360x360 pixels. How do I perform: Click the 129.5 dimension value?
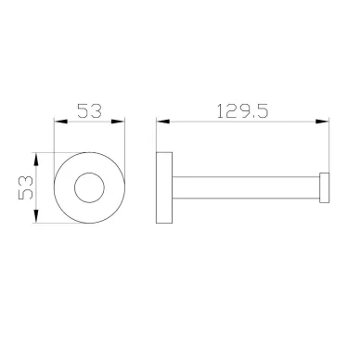(242, 111)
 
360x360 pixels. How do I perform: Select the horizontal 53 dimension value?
(89, 110)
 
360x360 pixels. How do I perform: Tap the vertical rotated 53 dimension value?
(26, 187)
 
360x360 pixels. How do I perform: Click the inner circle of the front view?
(89, 173)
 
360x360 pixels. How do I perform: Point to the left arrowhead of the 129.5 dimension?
(163, 122)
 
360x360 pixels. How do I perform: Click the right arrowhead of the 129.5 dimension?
(322, 122)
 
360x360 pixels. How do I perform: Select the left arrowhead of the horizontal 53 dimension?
(61, 122)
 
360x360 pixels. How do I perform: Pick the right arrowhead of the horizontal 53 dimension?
(118, 122)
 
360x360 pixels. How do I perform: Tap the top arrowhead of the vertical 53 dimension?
(36, 160)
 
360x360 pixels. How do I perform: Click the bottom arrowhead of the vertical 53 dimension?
(36, 216)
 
